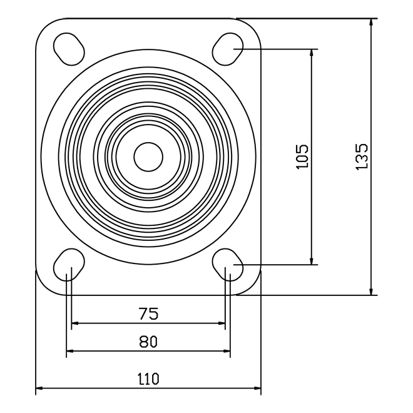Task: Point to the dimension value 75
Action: click(x=148, y=314)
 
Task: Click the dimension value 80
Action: click(x=148, y=342)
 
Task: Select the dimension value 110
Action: click(x=148, y=379)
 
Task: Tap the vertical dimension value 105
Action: click(x=302, y=156)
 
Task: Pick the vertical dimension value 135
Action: click(x=362, y=156)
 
